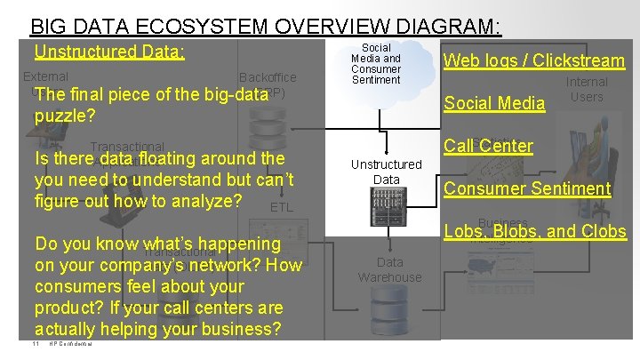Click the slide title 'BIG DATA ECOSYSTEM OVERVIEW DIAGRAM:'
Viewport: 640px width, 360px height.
pyautogui.click(x=266, y=27)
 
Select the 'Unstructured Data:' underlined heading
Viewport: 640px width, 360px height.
pyautogui.click(x=109, y=52)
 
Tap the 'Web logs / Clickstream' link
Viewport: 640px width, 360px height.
pyautogui.click(x=534, y=60)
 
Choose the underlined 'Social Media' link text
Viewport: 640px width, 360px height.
pyautogui.click(x=494, y=104)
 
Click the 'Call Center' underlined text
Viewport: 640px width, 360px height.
pyautogui.click(x=488, y=146)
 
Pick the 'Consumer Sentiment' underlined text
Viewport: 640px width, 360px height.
pyautogui.click(x=527, y=188)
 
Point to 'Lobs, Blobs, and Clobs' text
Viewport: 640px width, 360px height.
pyautogui.click(x=535, y=232)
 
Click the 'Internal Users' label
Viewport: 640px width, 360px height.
pyautogui.click(x=587, y=89)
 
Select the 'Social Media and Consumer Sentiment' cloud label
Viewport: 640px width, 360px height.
pyautogui.click(x=376, y=63)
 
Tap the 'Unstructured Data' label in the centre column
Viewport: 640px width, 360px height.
pyautogui.click(x=386, y=172)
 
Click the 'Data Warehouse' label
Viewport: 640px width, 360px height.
pyautogui.click(x=389, y=269)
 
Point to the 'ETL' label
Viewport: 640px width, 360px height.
pyautogui.click(x=281, y=207)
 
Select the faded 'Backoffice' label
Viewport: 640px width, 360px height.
pyautogui.click(x=268, y=77)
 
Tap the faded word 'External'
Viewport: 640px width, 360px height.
pyautogui.click(x=45, y=77)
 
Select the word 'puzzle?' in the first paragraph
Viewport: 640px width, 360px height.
pyautogui.click(x=64, y=116)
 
